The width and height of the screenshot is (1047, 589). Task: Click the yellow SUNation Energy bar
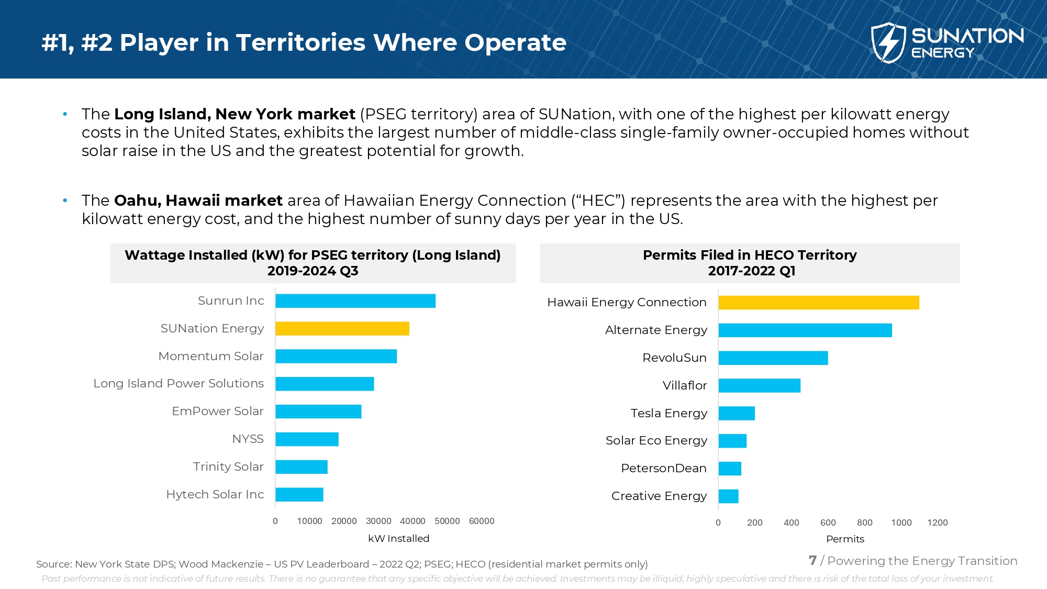coord(342,329)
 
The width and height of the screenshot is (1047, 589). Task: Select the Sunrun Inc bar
coord(355,301)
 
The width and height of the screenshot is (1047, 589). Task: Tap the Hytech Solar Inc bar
coord(299,495)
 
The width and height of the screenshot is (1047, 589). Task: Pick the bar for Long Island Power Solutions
coord(325,384)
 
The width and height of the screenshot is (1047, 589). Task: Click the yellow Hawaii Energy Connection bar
coord(818,303)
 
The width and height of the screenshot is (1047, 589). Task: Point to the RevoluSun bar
coord(773,358)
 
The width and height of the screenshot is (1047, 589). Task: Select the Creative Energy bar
coord(728,496)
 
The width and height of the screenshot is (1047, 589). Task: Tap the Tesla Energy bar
coord(737,414)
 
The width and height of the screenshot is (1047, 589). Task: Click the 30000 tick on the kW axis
coord(378,521)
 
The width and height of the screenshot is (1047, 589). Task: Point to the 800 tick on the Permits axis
coord(864,523)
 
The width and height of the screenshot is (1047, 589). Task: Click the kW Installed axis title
coord(398,539)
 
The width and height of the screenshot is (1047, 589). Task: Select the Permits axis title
coord(845,539)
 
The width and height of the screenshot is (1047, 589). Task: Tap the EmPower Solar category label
coord(218,412)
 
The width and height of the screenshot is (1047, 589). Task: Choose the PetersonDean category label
coord(663,469)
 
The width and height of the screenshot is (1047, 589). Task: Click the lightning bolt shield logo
coord(888,43)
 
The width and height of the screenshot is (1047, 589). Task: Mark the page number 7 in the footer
coord(812,561)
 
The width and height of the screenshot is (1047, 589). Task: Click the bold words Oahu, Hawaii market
coord(198,201)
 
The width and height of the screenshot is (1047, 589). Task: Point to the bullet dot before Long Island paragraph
coord(65,114)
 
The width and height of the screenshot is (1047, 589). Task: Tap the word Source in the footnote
coord(53,564)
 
